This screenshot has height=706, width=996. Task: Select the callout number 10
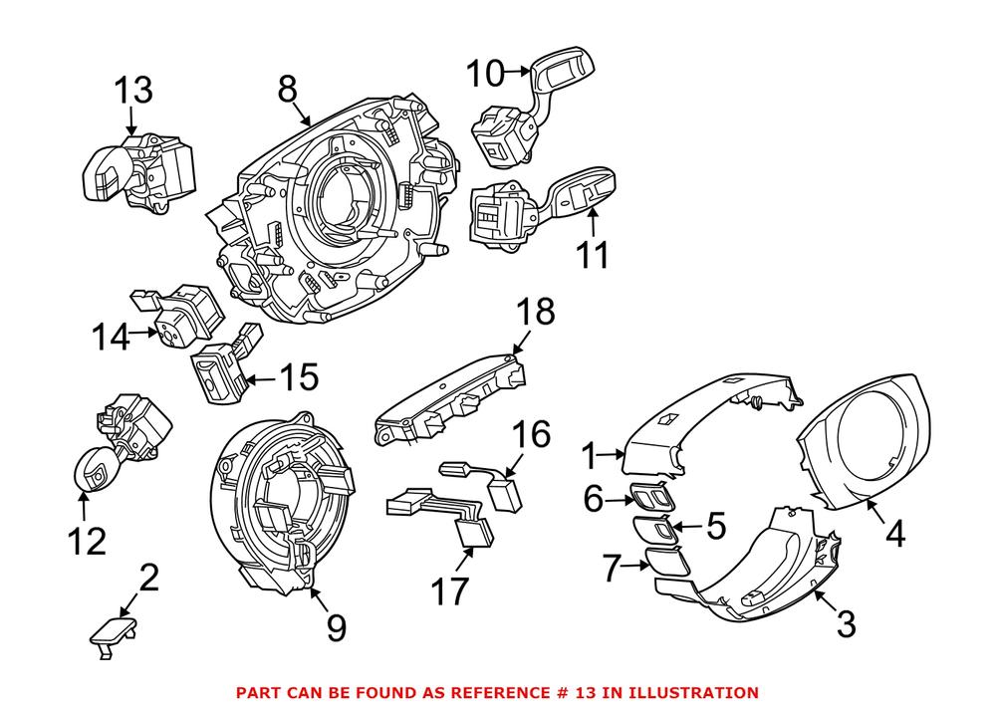point(486,72)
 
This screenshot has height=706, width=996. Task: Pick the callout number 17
point(448,590)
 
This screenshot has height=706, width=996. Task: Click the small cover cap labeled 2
point(113,630)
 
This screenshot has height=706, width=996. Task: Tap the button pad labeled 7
point(663,562)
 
